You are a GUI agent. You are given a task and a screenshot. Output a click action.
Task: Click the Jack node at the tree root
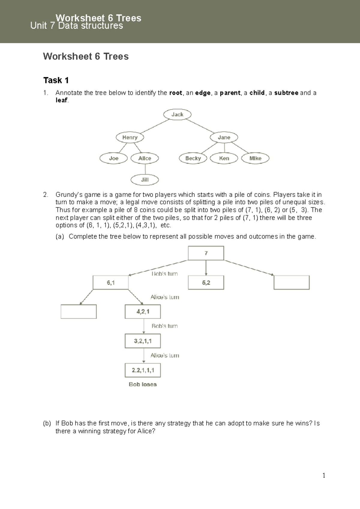tap(177, 114)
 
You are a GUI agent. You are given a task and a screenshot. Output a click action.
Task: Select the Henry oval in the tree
tap(130, 137)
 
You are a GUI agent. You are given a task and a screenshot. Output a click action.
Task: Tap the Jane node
tap(224, 137)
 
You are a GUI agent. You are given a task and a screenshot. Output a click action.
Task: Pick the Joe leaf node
tap(114, 158)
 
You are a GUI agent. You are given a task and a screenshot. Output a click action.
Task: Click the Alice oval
tap(145, 158)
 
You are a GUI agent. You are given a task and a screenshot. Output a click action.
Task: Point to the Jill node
tap(145, 180)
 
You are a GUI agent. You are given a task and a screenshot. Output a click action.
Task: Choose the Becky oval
tap(193, 158)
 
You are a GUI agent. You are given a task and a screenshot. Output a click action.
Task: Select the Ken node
tap(224, 158)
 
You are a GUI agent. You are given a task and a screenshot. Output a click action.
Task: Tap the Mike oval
tap(255, 158)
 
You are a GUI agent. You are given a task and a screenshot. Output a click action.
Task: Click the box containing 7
tap(206, 253)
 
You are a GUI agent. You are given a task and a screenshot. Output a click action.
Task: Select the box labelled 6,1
tap(111, 282)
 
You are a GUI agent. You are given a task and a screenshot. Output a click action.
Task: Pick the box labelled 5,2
tap(206, 282)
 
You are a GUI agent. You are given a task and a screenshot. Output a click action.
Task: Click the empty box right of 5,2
tap(291, 282)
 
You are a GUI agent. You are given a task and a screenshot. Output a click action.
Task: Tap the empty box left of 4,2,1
tap(79, 312)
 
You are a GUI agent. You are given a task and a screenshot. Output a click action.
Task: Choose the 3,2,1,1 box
tap(143, 341)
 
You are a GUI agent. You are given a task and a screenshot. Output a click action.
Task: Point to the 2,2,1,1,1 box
tap(143, 370)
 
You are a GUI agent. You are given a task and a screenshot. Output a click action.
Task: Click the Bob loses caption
tap(143, 384)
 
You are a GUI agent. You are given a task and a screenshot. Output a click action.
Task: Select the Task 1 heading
tap(56, 80)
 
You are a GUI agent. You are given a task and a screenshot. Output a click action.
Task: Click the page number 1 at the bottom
tap(324, 475)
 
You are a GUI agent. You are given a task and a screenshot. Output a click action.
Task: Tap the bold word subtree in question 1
tap(286, 93)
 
